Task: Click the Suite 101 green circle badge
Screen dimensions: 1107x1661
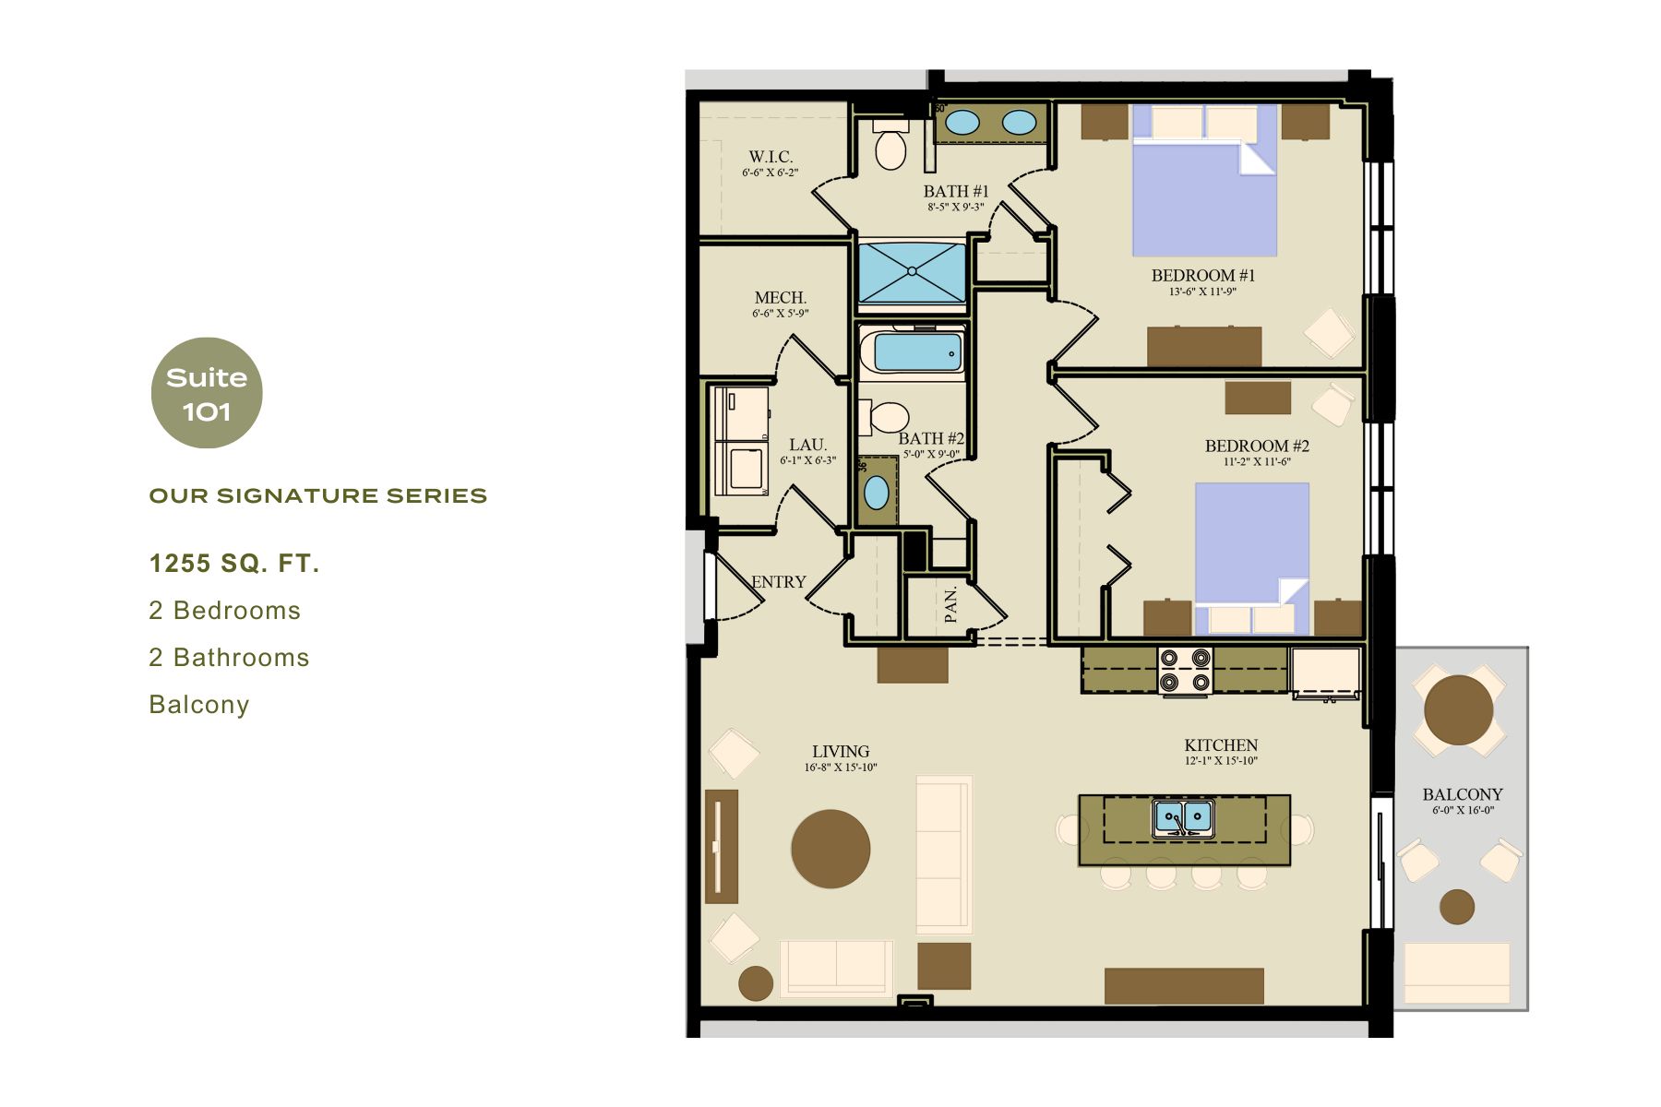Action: (x=207, y=393)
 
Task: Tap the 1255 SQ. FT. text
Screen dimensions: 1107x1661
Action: (x=234, y=564)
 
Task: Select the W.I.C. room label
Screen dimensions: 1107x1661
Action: (x=771, y=157)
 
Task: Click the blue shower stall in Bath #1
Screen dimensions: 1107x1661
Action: (x=912, y=272)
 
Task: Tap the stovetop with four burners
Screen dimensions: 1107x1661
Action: (x=1185, y=671)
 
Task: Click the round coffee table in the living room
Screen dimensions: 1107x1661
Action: (x=830, y=849)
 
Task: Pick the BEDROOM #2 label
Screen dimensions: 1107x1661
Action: (x=1257, y=446)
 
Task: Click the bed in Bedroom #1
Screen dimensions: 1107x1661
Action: (x=1204, y=184)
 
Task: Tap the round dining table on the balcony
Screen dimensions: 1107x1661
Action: (x=1458, y=709)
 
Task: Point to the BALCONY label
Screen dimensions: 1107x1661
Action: (x=1462, y=794)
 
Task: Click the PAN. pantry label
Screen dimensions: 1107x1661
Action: (x=951, y=605)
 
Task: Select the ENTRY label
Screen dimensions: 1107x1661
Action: (x=778, y=582)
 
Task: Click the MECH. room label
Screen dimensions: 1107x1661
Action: (x=780, y=298)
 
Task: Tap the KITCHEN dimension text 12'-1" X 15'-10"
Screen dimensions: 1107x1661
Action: (x=1221, y=761)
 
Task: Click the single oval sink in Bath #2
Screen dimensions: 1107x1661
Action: (x=876, y=493)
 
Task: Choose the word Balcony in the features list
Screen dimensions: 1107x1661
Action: (x=199, y=705)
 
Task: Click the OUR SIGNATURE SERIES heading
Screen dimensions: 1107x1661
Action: (x=317, y=496)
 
